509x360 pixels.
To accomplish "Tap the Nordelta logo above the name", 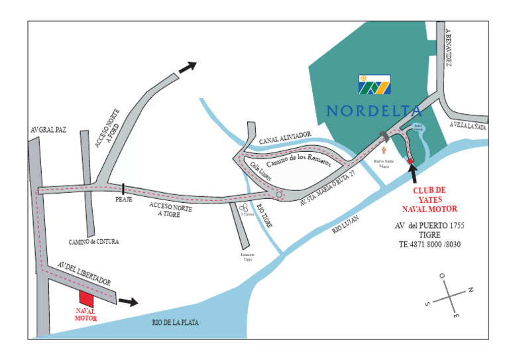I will (374, 84).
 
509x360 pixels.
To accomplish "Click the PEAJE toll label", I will (124, 199).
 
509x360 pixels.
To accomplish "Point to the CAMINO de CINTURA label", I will (93, 242).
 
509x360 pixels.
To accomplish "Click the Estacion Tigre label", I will (247, 257).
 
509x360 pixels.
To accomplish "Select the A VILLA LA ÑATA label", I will (467, 125).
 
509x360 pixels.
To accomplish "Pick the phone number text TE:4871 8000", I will (429, 245).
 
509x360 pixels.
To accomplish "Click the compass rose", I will (448, 292).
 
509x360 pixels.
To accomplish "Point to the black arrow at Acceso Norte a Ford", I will (188, 66).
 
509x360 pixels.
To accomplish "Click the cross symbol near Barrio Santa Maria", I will (382, 150).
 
